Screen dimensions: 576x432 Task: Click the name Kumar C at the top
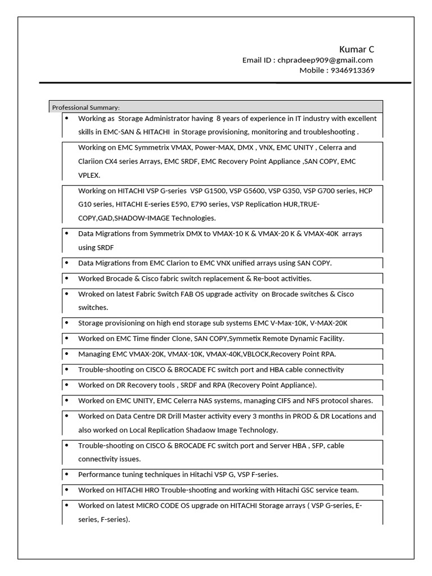coord(357,49)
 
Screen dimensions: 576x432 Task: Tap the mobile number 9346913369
coord(353,70)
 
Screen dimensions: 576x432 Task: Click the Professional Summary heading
coord(85,107)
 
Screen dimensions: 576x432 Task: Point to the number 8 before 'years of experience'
coord(219,119)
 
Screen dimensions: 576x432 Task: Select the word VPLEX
coord(89,175)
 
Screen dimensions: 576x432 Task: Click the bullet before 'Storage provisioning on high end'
coord(66,323)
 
